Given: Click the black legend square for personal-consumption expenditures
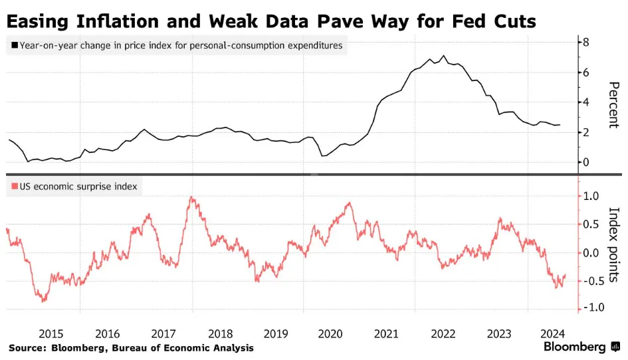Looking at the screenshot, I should click(14, 47).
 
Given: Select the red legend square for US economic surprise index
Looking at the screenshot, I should click(14, 187).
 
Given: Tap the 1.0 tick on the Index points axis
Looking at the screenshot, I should click(591, 196).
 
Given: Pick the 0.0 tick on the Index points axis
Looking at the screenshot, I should click(591, 252).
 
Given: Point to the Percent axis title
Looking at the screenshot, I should click(613, 105).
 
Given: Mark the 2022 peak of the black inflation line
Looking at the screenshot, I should click(443, 56).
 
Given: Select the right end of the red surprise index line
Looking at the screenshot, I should click(566, 275).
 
